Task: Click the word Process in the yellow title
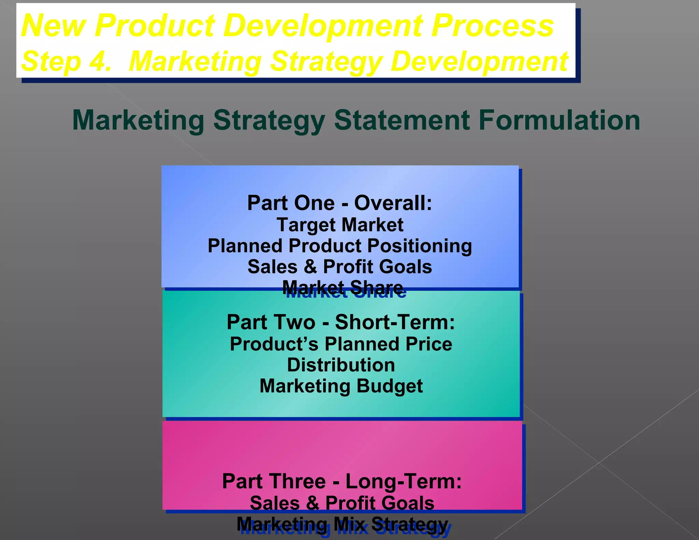tap(492, 26)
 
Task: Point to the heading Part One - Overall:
tap(340, 203)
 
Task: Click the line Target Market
tap(340, 225)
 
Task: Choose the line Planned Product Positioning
tap(340, 246)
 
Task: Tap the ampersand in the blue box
tap(310, 267)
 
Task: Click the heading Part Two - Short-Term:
tap(341, 322)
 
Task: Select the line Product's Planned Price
tap(341, 344)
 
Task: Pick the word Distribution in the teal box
tap(341, 365)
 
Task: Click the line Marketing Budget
tap(341, 386)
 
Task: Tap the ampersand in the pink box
tap(312, 503)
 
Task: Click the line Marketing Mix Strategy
tap(342, 524)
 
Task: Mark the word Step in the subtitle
tap(51, 61)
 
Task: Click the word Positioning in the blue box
tap(419, 246)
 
